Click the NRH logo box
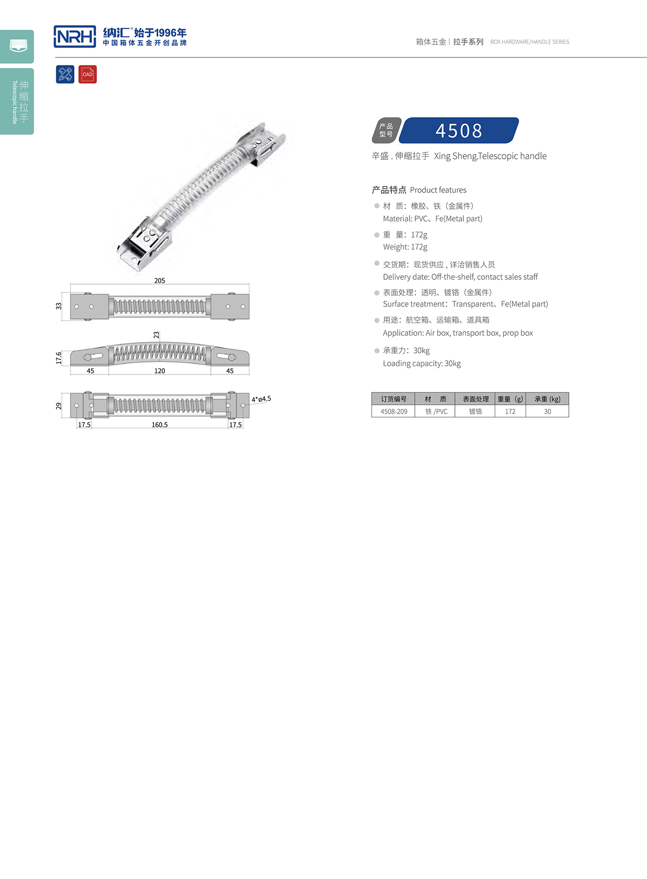(75, 37)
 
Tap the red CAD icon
(88, 74)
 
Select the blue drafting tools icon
(65, 74)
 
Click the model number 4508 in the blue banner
(459, 131)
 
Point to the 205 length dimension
(160, 280)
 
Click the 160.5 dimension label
(160, 425)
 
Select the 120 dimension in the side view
(160, 371)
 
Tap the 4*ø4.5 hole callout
(261, 399)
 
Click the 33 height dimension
(58, 306)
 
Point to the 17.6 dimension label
(58, 358)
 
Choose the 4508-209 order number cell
(394, 412)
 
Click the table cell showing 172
(510, 412)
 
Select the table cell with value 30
(547, 412)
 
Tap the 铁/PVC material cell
(436, 412)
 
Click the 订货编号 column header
(393, 399)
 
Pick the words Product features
(438, 190)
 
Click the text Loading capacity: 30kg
(422, 364)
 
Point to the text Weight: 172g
(405, 247)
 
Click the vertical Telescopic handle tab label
(15, 102)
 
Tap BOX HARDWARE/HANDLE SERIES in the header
(530, 42)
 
